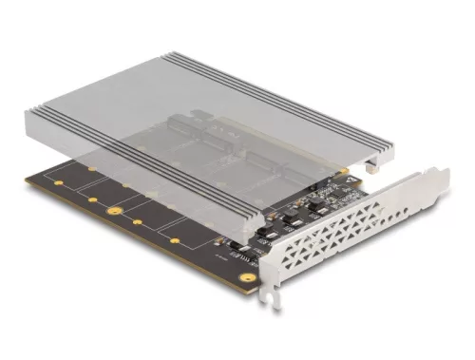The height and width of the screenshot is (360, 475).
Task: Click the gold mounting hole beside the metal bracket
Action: coord(249,277)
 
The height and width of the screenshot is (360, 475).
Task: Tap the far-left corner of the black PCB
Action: coord(26,176)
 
